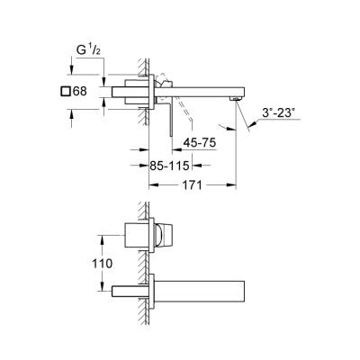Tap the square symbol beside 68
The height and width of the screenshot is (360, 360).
pyautogui.click(x=65, y=91)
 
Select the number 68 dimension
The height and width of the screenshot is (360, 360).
pyautogui.click(x=79, y=91)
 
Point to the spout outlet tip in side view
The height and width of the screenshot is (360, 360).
pyautogui.click(x=238, y=94)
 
